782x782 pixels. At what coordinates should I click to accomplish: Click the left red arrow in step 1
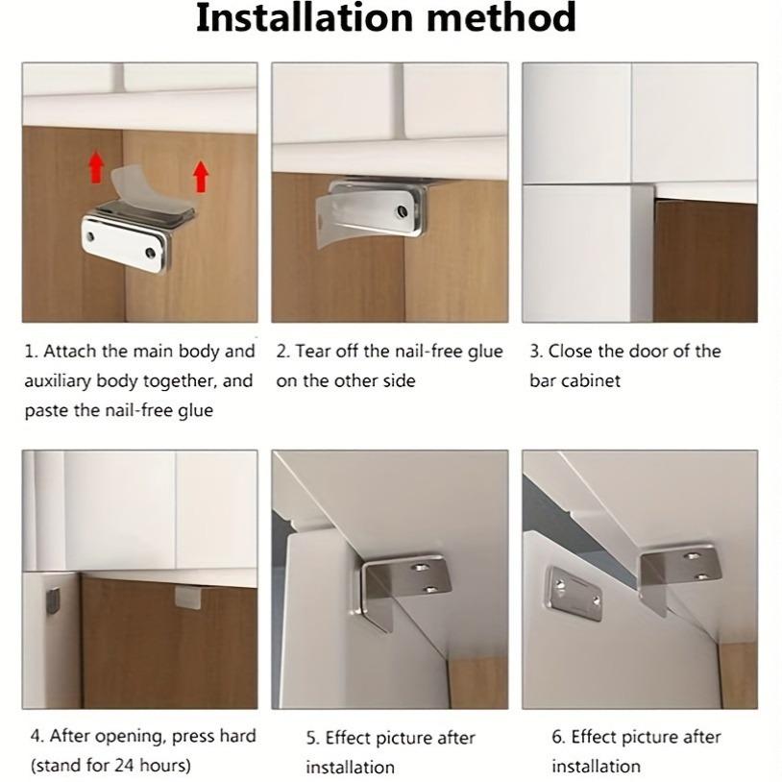click(96, 167)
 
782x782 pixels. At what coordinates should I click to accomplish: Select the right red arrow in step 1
click(200, 176)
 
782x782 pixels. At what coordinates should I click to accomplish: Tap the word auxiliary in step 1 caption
click(62, 380)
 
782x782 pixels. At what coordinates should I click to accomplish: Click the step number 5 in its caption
click(312, 738)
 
